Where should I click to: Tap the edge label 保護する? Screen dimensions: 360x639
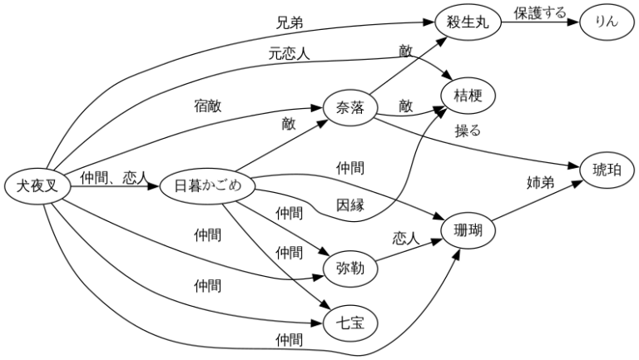click(x=539, y=13)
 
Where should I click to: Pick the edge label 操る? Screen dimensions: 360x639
click(x=468, y=131)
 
